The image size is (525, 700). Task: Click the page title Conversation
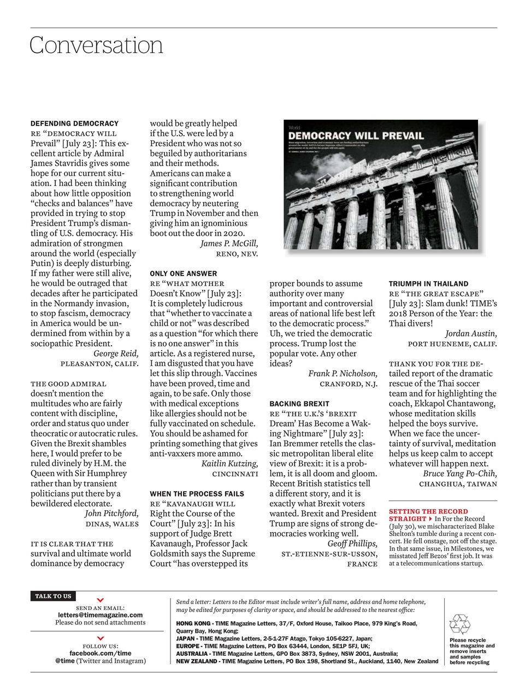[x=96, y=45]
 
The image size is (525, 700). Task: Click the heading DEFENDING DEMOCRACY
[x=74, y=124]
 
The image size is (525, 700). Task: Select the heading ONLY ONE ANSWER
[x=183, y=273]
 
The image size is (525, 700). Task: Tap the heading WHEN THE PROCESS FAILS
[x=197, y=494]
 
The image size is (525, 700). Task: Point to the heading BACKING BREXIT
[x=299, y=404]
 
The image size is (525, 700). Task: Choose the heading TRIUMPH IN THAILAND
[x=428, y=284]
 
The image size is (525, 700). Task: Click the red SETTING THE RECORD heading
[x=428, y=511]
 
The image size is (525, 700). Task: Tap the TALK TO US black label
[x=53, y=596]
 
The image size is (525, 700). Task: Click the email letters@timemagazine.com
[x=100, y=615]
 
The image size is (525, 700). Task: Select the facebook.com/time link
[x=100, y=653]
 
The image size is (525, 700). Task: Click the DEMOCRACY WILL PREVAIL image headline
[x=356, y=136]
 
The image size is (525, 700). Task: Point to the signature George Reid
[x=116, y=354]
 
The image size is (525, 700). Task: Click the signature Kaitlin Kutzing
[x=229, y=464]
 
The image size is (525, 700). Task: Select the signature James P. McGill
[x=229, y=244]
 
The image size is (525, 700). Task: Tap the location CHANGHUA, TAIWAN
[x=458, y=484]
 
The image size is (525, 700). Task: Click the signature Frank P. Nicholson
[x=343, y=374]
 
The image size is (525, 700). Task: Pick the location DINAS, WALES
[x=112, y=524]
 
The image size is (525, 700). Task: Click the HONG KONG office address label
[x=193, y=623]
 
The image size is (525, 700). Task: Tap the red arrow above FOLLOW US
[x=100, y=638]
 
